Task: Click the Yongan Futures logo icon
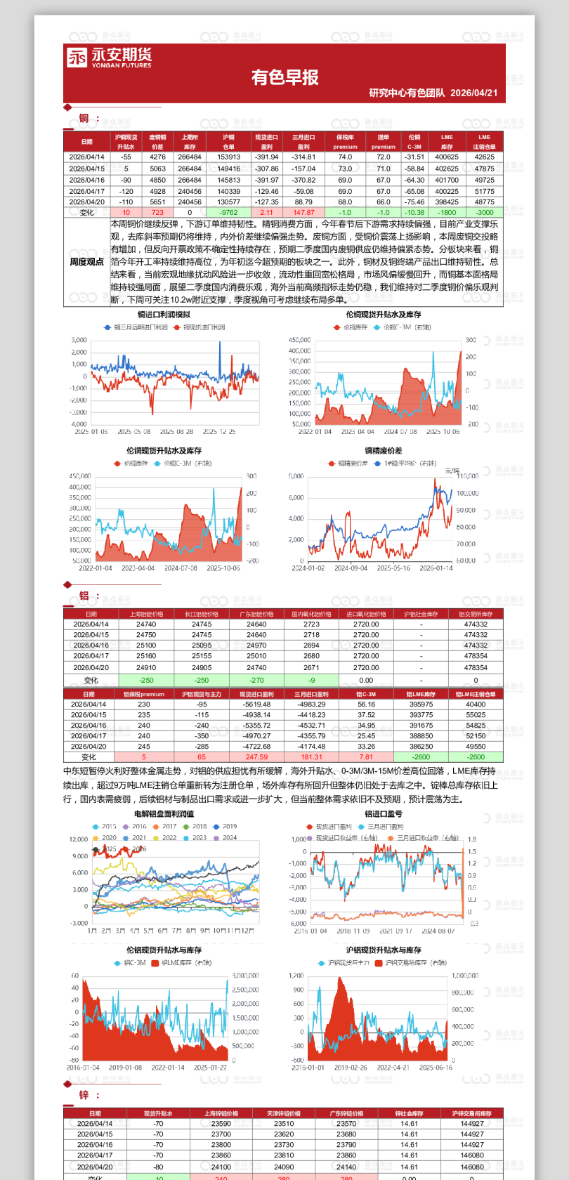[77, 57]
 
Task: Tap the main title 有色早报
[284, 77]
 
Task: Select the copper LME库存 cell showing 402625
[447, 169]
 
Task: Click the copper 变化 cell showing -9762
[228, 212]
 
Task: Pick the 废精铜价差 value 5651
[157, 202]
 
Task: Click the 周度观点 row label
[87, 262]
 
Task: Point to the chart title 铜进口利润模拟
[164, 315]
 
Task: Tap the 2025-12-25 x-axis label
[219, 432]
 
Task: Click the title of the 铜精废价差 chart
[384, 451]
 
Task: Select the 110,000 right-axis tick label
[467, 476]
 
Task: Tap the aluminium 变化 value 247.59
[256, 757]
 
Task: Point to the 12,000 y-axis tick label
[79, 839]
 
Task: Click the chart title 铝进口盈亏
[384, 814]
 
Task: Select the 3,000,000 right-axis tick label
[245, 976]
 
